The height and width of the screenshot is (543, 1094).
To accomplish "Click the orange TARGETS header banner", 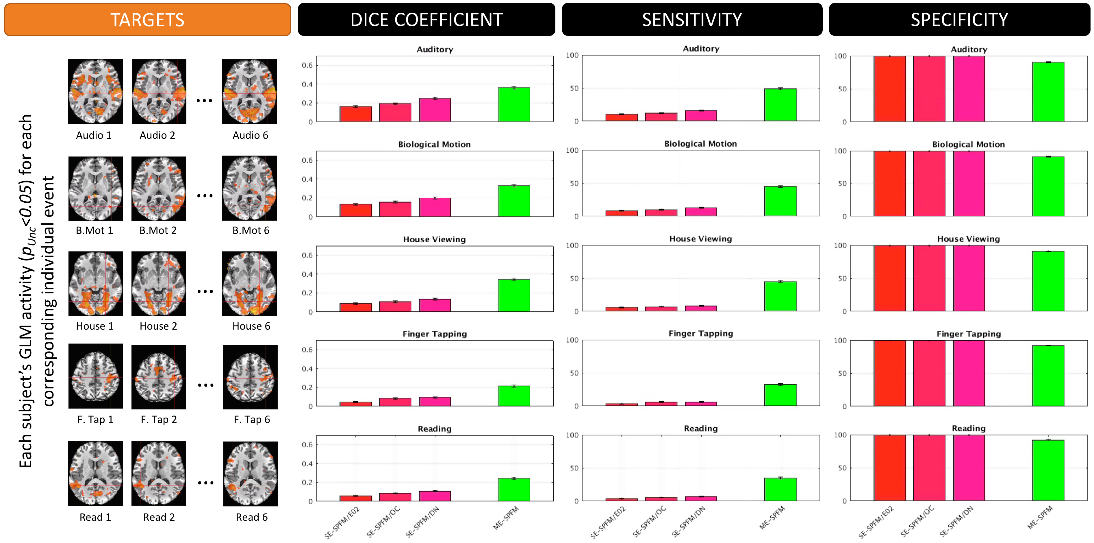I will [x=147, y=20].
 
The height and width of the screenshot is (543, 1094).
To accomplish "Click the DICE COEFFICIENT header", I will [x=427, y=20].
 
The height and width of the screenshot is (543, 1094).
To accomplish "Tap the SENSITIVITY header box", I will [x=692, y=20].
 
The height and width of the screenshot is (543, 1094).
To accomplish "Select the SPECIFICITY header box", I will [x=959, y=20].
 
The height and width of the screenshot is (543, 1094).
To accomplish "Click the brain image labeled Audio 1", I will [x=96, y=91].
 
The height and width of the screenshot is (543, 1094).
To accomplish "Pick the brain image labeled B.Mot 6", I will [x=249, y=188].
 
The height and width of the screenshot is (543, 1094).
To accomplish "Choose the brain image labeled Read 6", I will [x=251, y=474].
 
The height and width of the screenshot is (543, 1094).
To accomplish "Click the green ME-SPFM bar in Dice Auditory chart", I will [x=514, y=104].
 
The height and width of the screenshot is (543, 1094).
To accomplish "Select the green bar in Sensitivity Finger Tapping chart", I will [x=780, y=395].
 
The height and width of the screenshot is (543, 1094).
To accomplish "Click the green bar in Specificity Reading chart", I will [x=1048, y=470].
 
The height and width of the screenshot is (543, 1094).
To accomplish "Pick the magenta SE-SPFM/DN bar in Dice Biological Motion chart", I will [x=435, y=207].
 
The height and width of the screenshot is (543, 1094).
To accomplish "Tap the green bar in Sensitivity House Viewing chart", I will [x=780, y=296].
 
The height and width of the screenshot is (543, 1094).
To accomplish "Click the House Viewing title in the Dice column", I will [x=434, y=239].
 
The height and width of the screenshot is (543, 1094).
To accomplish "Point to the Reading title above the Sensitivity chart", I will [x=701, y=428].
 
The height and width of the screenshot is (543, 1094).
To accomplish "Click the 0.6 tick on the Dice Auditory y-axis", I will [x=307, y=65].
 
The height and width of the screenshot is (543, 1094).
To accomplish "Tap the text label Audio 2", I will [x=157, y=135].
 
